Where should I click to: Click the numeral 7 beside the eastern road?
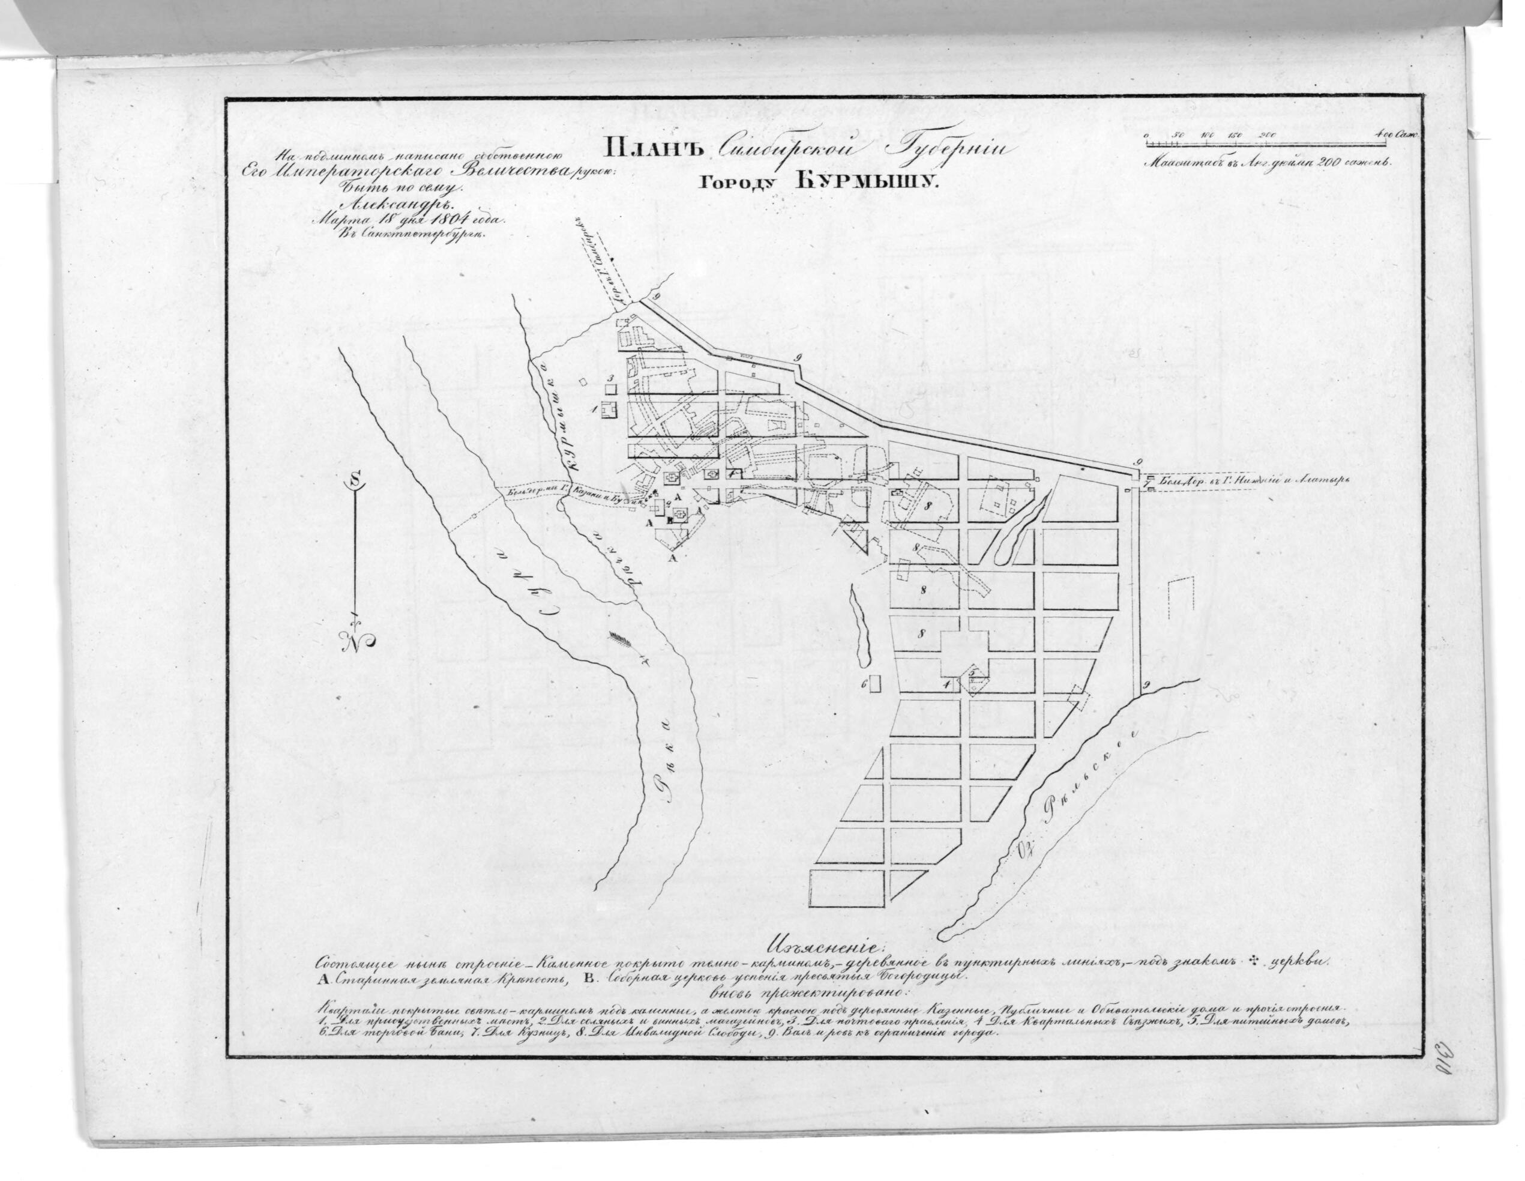click(x=1148, y=480)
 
